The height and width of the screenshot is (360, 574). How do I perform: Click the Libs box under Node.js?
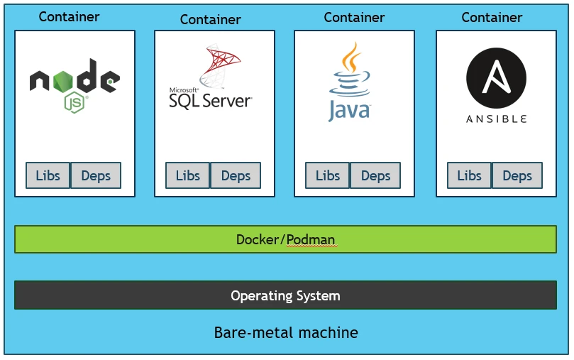48,175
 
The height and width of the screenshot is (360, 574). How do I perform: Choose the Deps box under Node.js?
96,175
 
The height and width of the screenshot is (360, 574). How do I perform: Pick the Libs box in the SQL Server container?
188,175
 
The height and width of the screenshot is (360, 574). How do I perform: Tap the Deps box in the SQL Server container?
236,175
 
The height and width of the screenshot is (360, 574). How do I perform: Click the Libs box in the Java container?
328,175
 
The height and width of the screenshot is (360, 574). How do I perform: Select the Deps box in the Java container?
375,175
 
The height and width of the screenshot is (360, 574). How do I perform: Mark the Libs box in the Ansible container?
469,175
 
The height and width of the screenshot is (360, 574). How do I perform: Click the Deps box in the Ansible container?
517,175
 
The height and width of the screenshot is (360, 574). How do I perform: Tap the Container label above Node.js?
70,16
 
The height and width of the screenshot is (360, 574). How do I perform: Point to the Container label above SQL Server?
211,19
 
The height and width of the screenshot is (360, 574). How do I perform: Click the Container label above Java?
354,17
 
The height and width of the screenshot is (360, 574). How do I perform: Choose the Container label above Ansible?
492,17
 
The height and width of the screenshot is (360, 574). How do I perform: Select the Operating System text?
285,295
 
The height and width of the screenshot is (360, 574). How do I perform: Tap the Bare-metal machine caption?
286,332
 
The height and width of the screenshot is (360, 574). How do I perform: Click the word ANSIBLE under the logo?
496,119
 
